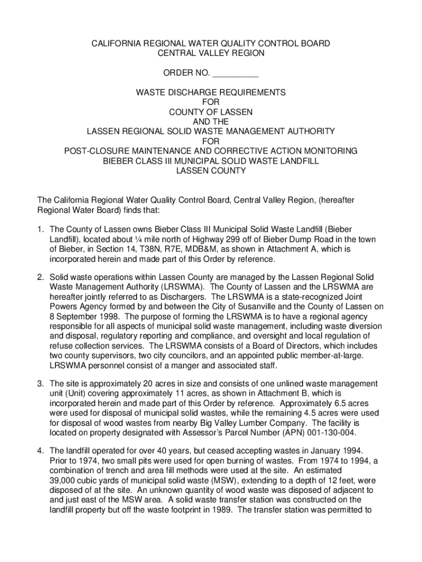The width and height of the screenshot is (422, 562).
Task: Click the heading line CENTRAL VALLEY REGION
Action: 211,53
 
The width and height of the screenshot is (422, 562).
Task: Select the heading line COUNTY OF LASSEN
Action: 211,112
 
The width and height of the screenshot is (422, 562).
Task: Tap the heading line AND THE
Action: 211,121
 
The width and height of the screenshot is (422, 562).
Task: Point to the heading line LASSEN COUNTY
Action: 211,171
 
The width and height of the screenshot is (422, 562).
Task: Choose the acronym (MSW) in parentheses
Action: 195,480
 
